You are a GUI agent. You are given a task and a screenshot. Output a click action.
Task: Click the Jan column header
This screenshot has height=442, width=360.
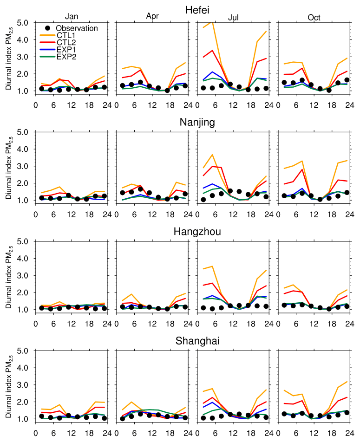coord(72,17)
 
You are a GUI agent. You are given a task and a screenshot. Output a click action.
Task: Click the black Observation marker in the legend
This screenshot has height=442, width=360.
coord(42,28)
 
